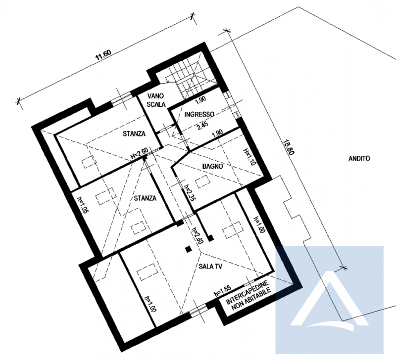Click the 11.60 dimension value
point(103,55)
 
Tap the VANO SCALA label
point(156,100)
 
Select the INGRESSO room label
point(199,114)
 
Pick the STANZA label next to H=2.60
point(134,134)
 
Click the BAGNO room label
point(213,167)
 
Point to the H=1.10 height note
point(249,156)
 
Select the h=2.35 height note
point(190,192)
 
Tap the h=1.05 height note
point(83,205)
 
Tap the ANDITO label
point(359,158)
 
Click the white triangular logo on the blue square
point(329,299)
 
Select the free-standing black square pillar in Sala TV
point(188,250)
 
